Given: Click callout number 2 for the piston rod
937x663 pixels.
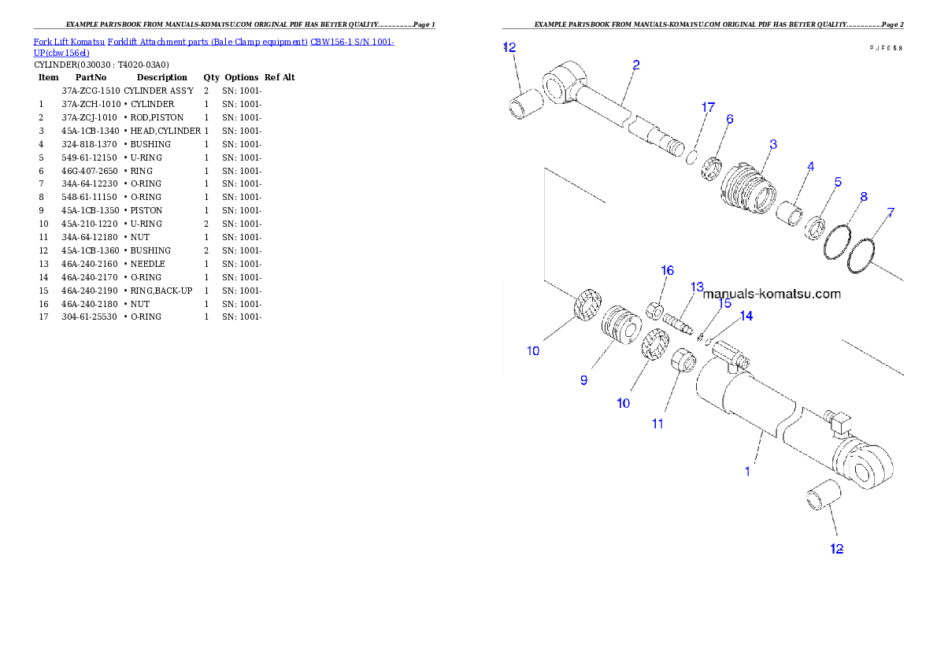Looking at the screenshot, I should (x=635, y=65).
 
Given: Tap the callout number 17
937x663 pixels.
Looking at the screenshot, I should (x=708, y=108).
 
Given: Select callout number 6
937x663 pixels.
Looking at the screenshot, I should (x=730, y=120).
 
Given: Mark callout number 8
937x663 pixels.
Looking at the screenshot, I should (x=864, y=197).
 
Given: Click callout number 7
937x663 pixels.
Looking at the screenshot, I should (x=891, y=213).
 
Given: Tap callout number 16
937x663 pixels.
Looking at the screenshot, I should (x=667, y=271).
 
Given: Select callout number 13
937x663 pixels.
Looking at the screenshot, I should (x=697, y=287).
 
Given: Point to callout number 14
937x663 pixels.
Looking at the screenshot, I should (x=746, y=316).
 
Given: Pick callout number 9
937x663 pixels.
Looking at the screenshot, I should (x=583, y=380).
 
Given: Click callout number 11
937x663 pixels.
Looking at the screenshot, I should (x=657, y=424).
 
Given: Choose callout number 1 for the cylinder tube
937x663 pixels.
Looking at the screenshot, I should (x=747, y=472).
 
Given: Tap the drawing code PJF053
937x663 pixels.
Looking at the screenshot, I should (x=885, y=48).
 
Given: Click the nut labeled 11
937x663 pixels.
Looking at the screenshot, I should (x=682, y=364).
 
